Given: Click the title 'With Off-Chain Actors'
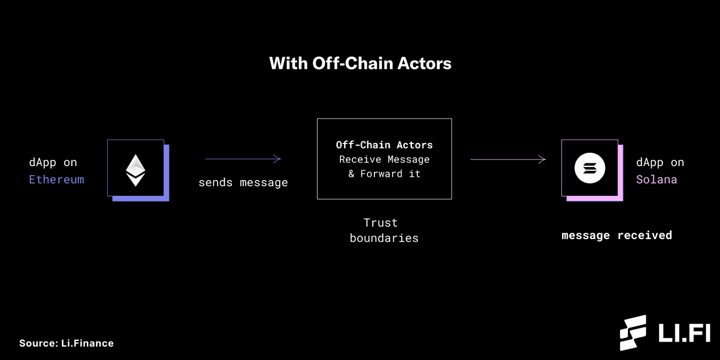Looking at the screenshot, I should pyautogui.click(x=360, y=63).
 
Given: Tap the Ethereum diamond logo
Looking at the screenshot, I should pyautogui.click(x=136, y=170).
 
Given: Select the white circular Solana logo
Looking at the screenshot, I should pyautogui.click(x=589, y=168).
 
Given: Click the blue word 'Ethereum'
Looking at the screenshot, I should pyautogui.click(x=57, y=179).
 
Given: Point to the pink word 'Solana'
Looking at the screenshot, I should pyautogui.click(x=656, y=179).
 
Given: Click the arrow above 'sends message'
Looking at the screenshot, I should pyautogui.click(x=243, y=159).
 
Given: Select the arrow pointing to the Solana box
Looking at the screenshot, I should pyautogui.click(x=508, y=159).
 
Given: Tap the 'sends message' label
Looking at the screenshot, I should pyautogui.click(x=243, y=183).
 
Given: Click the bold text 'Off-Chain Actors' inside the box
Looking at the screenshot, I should pyautogui.click(x=384, y=145).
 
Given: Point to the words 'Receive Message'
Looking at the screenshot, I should pyautogui.click(x=384, y=159).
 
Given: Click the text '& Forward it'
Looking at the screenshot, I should pyautogui.click(x=384, y=174).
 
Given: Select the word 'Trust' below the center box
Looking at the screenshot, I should pyautogui.click(x=381, y=223).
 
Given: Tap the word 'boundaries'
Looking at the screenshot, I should pyautogui.click(x=384, y=238).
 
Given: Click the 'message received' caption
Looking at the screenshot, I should pyautogui.click(x=617, y=236).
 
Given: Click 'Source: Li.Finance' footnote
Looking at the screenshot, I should pyautogui.click(x=66, y=343).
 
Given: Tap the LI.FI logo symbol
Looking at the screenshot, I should pyautogui.click(x=633, y=333).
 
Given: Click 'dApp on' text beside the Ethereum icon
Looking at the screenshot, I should pyautogui.click(x=53, y=163).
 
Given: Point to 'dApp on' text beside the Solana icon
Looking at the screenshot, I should pyautogui.click(x=660, y=163).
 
